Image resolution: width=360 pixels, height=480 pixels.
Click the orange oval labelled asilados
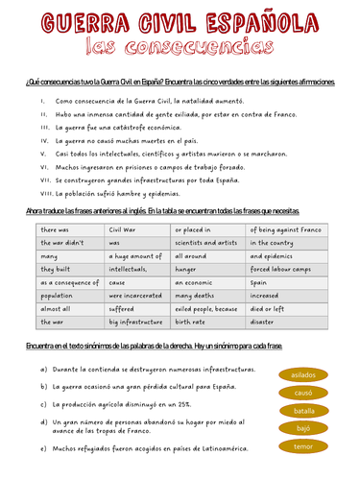coord(303,375)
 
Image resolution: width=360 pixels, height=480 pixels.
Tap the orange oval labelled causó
coord(303,393)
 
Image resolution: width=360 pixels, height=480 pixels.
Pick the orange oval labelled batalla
coord(303,411)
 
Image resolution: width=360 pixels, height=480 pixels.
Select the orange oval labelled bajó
coord(303,428)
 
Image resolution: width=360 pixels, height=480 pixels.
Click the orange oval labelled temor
coord(303,446)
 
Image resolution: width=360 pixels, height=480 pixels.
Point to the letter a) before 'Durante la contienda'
coord(44,369)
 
